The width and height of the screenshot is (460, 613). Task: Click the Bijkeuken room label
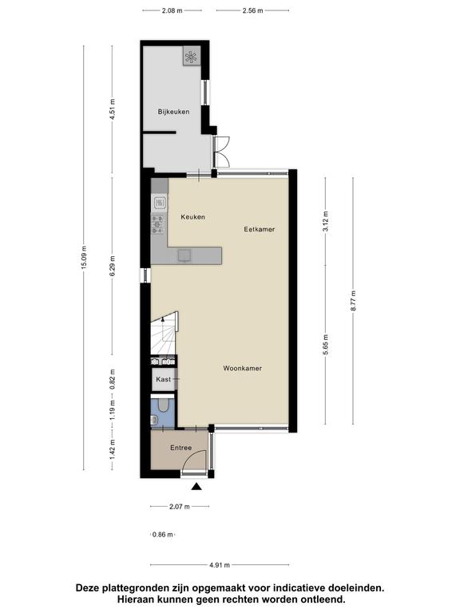(173, 112)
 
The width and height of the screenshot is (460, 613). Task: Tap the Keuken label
(192, 217)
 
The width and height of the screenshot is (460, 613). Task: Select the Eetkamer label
(260, 230)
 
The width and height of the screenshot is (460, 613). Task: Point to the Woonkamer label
(243, 368)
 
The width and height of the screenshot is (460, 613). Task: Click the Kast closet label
(163, 379)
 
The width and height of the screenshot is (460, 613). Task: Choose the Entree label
(180, 448)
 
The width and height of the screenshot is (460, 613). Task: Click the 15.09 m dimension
(84, 258)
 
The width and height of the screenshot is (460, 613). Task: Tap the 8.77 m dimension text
(353, 301)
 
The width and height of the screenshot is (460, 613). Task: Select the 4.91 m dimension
(220, 565)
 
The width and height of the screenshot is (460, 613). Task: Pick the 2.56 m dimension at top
(252, 10)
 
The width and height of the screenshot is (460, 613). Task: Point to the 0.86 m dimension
(163, 535)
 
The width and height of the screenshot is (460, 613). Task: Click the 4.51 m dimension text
(113, 109)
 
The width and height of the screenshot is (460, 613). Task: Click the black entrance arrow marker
(196, 486)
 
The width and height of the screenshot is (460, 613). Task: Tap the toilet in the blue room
(163, 405)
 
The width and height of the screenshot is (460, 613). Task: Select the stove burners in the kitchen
(158, 224)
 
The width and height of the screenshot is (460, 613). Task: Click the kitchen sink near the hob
(159, 203)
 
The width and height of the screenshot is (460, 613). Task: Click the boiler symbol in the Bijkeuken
(192, 57)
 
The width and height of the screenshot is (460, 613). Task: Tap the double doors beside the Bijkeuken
(221, 152)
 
